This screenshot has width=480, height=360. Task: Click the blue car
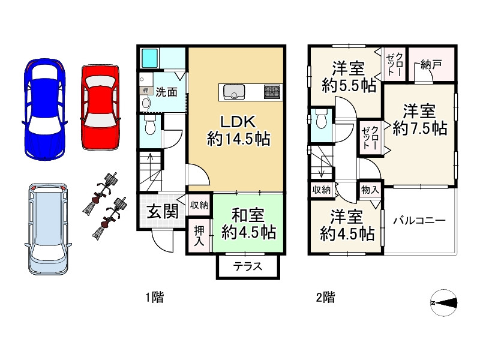pyautogui.click(x=44, y=109)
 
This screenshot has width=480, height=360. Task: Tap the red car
pyautogui.click(x=100, y=107)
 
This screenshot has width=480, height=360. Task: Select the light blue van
pyautogui.click(x=48, y=229)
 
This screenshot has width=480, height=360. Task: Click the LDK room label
pyautogui.click(x=238, y=131)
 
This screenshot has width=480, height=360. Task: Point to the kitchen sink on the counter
pyautogui.click(x=234, y=92)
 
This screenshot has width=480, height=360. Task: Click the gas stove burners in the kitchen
pyautogui.click(x=272, y=92)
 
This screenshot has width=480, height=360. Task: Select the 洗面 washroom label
pyautogui.click(x=166, y=92)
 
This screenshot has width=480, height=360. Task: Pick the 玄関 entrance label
pyautogui.click(x=162, y=211)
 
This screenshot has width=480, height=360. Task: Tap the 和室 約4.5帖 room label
pyautogui.click(x=248, y=224)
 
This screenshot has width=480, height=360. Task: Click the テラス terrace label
pyautogui.click(x=248, y=266)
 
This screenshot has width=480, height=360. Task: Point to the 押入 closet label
pyautogui.click(x=199, y=236)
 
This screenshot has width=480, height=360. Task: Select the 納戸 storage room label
pyautogui.click(x=431, y=65)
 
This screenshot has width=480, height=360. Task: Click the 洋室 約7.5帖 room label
pyautogui.click(x=419, y=119)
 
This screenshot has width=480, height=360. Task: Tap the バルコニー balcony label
pyautogui.click(x=419, y=220)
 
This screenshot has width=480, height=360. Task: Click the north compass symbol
pyautogui.click(x=444, y=303)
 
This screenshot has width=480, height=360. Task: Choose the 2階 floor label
pyautogui.click(x=325, y=297)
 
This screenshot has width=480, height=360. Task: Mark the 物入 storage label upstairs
pyautogui.click(x=370, y=190)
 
